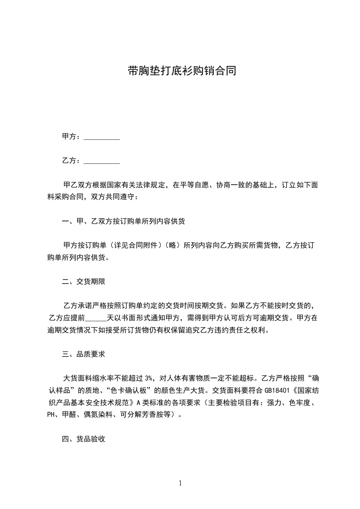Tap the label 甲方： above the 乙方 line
pos(72,136)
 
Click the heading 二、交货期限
pos(84,282)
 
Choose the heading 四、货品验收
pos(84,439)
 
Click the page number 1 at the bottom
pos(180,483)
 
